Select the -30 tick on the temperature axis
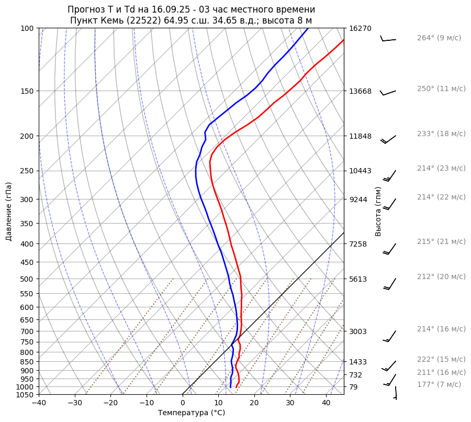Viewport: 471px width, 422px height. pyautogui.click(x=75, y=403)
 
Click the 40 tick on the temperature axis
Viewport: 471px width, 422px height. pyautogui.click(x=326, y=403)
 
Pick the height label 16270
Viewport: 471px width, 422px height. pyautogui.click(x=361, y=28)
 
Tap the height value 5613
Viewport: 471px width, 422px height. pyautogui.click(x=358, y=279)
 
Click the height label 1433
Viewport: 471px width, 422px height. pyautogui.click(x=358, y=362)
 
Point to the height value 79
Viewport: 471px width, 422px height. pyautogui.click(x=353, y=387)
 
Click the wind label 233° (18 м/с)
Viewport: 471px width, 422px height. pyautogui.click(x=441, y=134)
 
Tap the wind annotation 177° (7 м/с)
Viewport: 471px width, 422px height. pyautogui.click(x=439, y=384)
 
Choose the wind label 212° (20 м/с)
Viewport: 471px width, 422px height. pyautogui.click(x=441, y=276)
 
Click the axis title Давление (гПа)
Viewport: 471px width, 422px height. pyautogui.click(x=9, y=211)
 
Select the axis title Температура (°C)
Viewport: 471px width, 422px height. pyautogui.click(x=192, y=413)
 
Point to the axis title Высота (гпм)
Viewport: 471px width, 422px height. pyautogui.click(x=378, y=211)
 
